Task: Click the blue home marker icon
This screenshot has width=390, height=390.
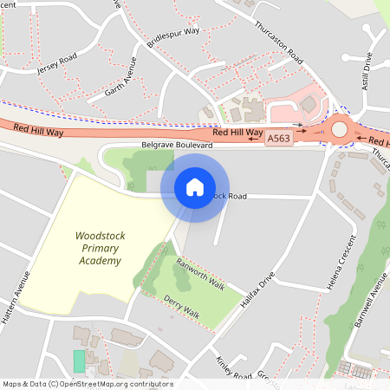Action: (195, 187)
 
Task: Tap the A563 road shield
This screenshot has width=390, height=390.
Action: (278, 139)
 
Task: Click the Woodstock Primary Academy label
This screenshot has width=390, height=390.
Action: (98, 248)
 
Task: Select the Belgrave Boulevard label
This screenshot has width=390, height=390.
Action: (177, 146)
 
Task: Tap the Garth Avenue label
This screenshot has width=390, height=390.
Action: (120, 77)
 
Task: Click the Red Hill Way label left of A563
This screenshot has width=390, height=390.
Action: (40, 130)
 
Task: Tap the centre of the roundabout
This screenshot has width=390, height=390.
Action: (339, 130)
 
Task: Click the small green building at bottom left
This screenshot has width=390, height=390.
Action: (80, 361)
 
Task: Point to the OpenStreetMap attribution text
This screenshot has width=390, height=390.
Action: (87, 384)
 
